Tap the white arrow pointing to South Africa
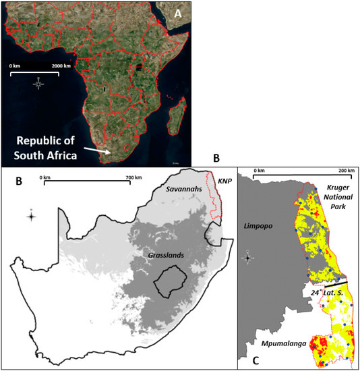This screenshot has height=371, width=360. (x=102, y=150)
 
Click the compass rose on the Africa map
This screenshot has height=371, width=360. (x=38, y=84)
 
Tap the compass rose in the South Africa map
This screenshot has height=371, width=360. (x=30, y=217)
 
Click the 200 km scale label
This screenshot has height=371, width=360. (x=344, y=171)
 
